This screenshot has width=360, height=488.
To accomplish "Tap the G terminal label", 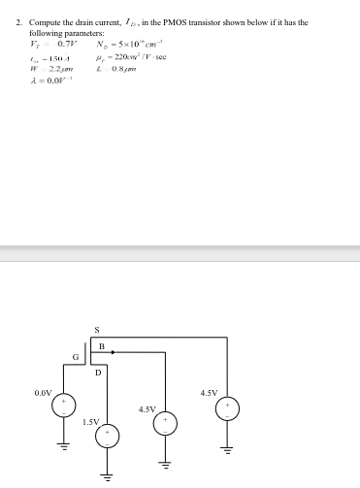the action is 75,359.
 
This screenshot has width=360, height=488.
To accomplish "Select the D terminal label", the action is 97,372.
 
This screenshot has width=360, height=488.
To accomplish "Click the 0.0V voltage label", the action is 44,393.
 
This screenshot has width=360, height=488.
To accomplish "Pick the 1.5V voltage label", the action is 90,422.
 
